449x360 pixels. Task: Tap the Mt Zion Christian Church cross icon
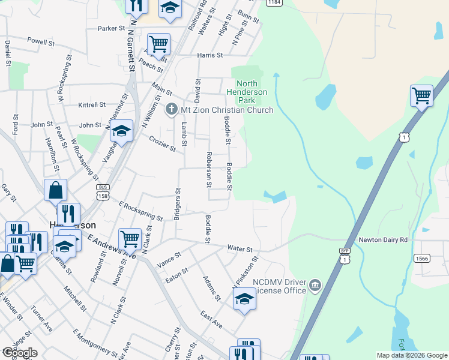[171, 110]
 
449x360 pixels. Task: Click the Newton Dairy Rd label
[383, 239]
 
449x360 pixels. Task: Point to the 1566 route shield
[421, 258]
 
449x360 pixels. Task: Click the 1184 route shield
[273, 2]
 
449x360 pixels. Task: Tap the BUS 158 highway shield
[103, 191]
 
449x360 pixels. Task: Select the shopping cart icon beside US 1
[421, 95]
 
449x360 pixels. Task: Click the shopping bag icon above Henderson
[55, 190]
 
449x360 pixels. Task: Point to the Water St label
[240, 248]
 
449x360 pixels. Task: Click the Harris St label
[210, 55]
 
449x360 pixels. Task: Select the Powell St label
[41, 42]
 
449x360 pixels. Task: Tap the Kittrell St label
[92, 104]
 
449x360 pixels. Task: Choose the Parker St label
[111, 28]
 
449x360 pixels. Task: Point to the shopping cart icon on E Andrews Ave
[130, 239]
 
